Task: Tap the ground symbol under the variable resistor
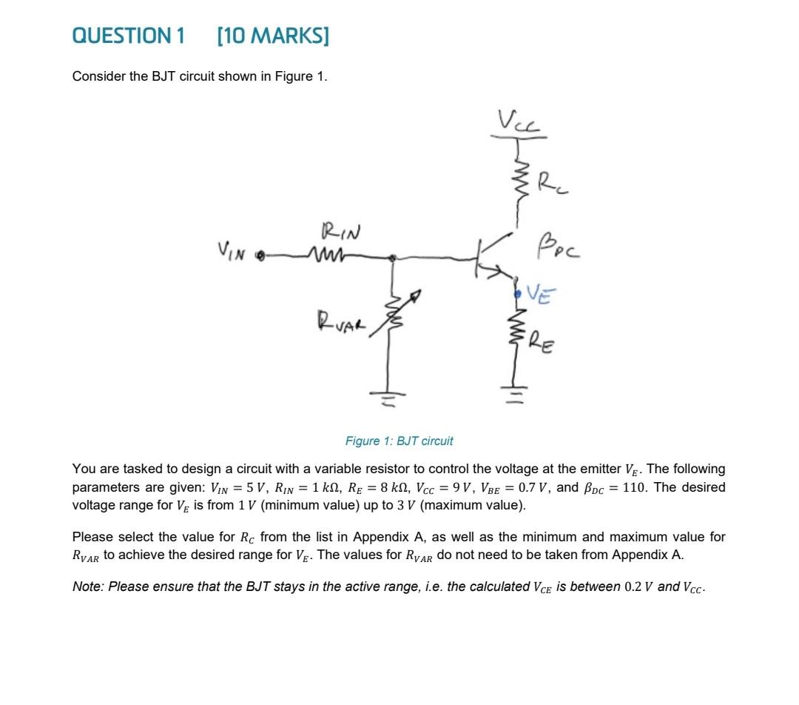click(x=393, y=403)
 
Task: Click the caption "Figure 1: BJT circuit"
click(x=399, y=441)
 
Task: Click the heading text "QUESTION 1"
click(x=128, y=36)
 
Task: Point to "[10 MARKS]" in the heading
click(x=273, y=36)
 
